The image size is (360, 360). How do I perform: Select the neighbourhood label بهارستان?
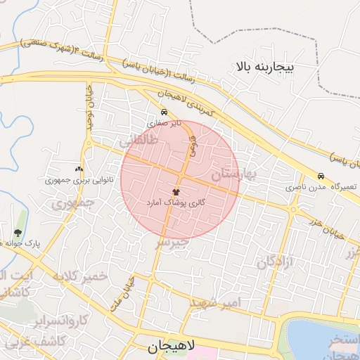coord(233,174)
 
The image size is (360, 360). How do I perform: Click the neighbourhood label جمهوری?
coord(73,204)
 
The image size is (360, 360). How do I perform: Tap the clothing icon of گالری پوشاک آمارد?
coord(176,191)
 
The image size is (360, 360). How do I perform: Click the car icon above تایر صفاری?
coord(164,112)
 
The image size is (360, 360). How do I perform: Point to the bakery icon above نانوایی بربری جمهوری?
coord(78,169)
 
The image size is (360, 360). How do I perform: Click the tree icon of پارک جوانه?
coord(18,233)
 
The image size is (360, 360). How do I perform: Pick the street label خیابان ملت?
coord(119,295)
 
